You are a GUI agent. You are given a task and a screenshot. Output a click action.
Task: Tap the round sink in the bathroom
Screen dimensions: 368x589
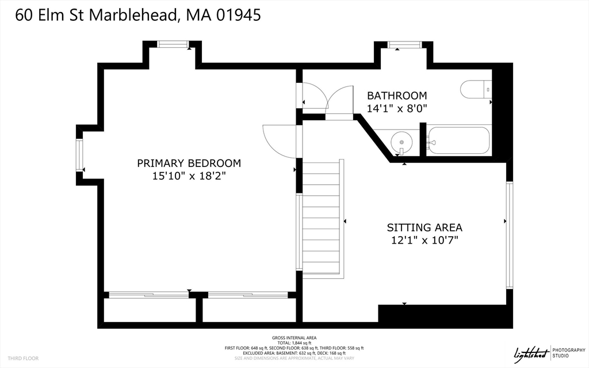[400, 141]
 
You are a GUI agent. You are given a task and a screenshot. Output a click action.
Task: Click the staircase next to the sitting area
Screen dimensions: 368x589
[322, 219]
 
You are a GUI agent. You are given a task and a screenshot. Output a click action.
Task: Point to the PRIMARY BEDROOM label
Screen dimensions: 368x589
[189, 163]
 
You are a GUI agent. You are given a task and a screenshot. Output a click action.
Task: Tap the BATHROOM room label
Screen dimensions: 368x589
[397, 96]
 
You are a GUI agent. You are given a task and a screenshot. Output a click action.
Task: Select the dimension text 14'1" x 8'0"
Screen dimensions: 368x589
[397, 108]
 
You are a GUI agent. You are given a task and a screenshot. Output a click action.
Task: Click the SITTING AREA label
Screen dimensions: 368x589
[424, 227]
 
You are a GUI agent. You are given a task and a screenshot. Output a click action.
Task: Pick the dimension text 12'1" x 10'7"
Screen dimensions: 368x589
[424, 240]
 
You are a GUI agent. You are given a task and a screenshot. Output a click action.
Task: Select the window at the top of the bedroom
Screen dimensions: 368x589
[173, 43]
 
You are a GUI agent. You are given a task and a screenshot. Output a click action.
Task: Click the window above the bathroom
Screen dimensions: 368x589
[404, 44]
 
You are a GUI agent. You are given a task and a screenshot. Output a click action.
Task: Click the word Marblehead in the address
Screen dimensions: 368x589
[133, 15]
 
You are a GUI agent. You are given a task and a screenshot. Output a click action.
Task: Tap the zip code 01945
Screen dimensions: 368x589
[238, 15]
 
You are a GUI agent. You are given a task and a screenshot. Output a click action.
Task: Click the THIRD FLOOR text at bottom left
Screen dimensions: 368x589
[24, 358]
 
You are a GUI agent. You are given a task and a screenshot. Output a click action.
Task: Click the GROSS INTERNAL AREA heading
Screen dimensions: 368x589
[294, 337]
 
